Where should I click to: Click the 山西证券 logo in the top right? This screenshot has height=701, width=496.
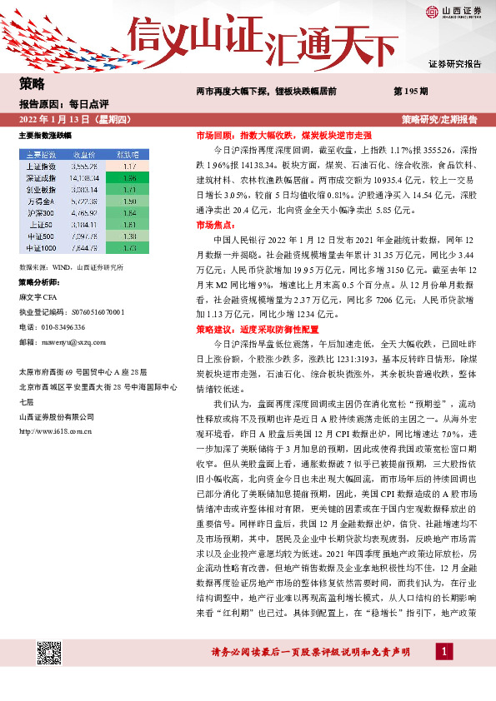click(x=453, y=12)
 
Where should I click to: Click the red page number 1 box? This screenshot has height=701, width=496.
click(x=446, y=675)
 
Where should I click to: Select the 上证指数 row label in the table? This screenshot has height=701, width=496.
click(x=39, y=166)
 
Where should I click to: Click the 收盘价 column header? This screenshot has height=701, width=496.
click(x=87, y=154)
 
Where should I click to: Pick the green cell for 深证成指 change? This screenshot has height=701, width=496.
click(x=128, y=177)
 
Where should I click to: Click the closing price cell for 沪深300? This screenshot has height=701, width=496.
click(x=87, y=212)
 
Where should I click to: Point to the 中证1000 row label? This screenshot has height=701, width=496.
click(x=39, y=247)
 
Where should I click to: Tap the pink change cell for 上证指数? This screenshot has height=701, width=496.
click(x=128, y=166)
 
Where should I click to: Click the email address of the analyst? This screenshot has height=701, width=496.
click(x=69, y=341)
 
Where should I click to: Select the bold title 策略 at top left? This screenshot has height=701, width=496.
click(x=32, y=84)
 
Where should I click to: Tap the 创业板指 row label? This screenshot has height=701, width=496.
click(x=39, y=189)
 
